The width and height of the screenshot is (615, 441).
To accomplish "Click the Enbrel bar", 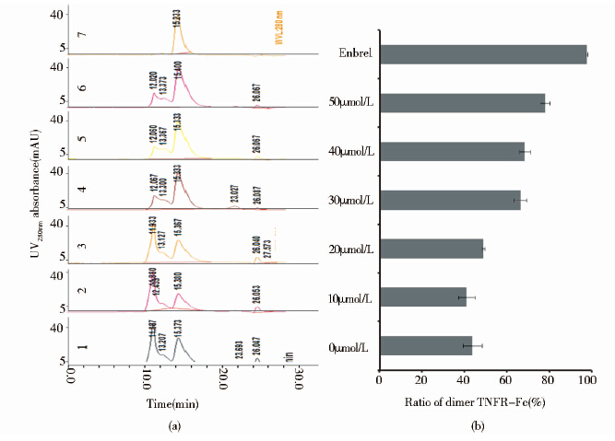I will point(483,54).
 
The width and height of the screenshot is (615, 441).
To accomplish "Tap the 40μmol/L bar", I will point(452,151).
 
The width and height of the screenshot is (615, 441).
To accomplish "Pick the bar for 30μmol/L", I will point(450,200).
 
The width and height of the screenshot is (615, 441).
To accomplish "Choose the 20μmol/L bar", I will point(431,249).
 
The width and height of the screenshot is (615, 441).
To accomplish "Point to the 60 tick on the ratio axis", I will point(505,377).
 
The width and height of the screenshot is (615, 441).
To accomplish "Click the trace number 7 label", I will point(83,36).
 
